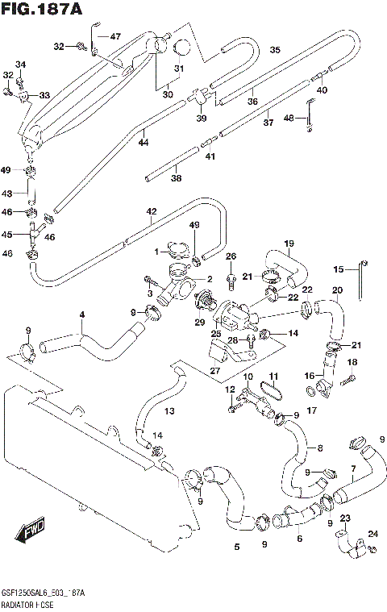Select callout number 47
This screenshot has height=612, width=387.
click(114, 36)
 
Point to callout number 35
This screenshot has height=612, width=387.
click(274, 50)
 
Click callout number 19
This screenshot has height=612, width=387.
click(288, 243)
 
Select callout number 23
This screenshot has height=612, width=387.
click(344, 518)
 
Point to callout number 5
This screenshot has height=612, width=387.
click(236, 548)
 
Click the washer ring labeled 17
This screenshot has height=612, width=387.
click(310, 393)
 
